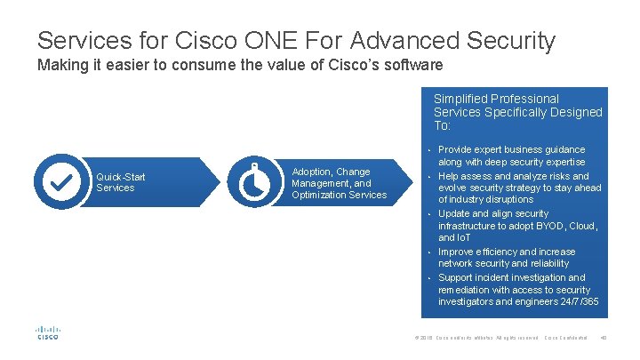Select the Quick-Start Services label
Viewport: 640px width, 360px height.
click(121, 182)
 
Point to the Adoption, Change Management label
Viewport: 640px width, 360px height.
click(339, 183)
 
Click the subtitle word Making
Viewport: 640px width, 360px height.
click(59, 66)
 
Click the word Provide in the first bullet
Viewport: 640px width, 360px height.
click(456, 149)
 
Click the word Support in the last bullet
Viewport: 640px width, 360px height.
click(456, 277)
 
